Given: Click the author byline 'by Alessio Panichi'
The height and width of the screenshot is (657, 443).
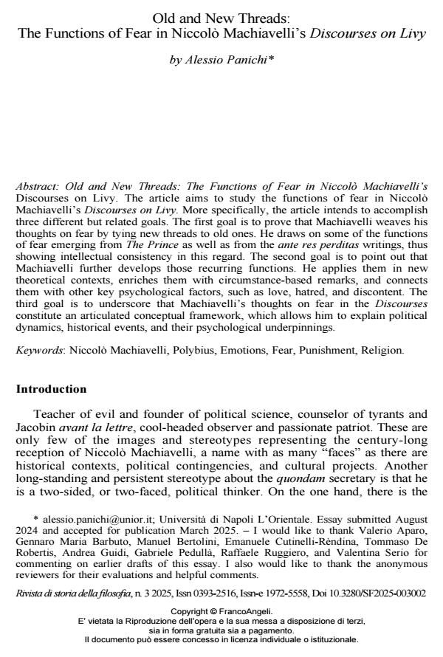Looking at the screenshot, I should pyautogui.click(x=221, y=60).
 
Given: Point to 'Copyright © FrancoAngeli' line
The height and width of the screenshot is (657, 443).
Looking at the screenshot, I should pyautogui.click(x=221, y=611).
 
